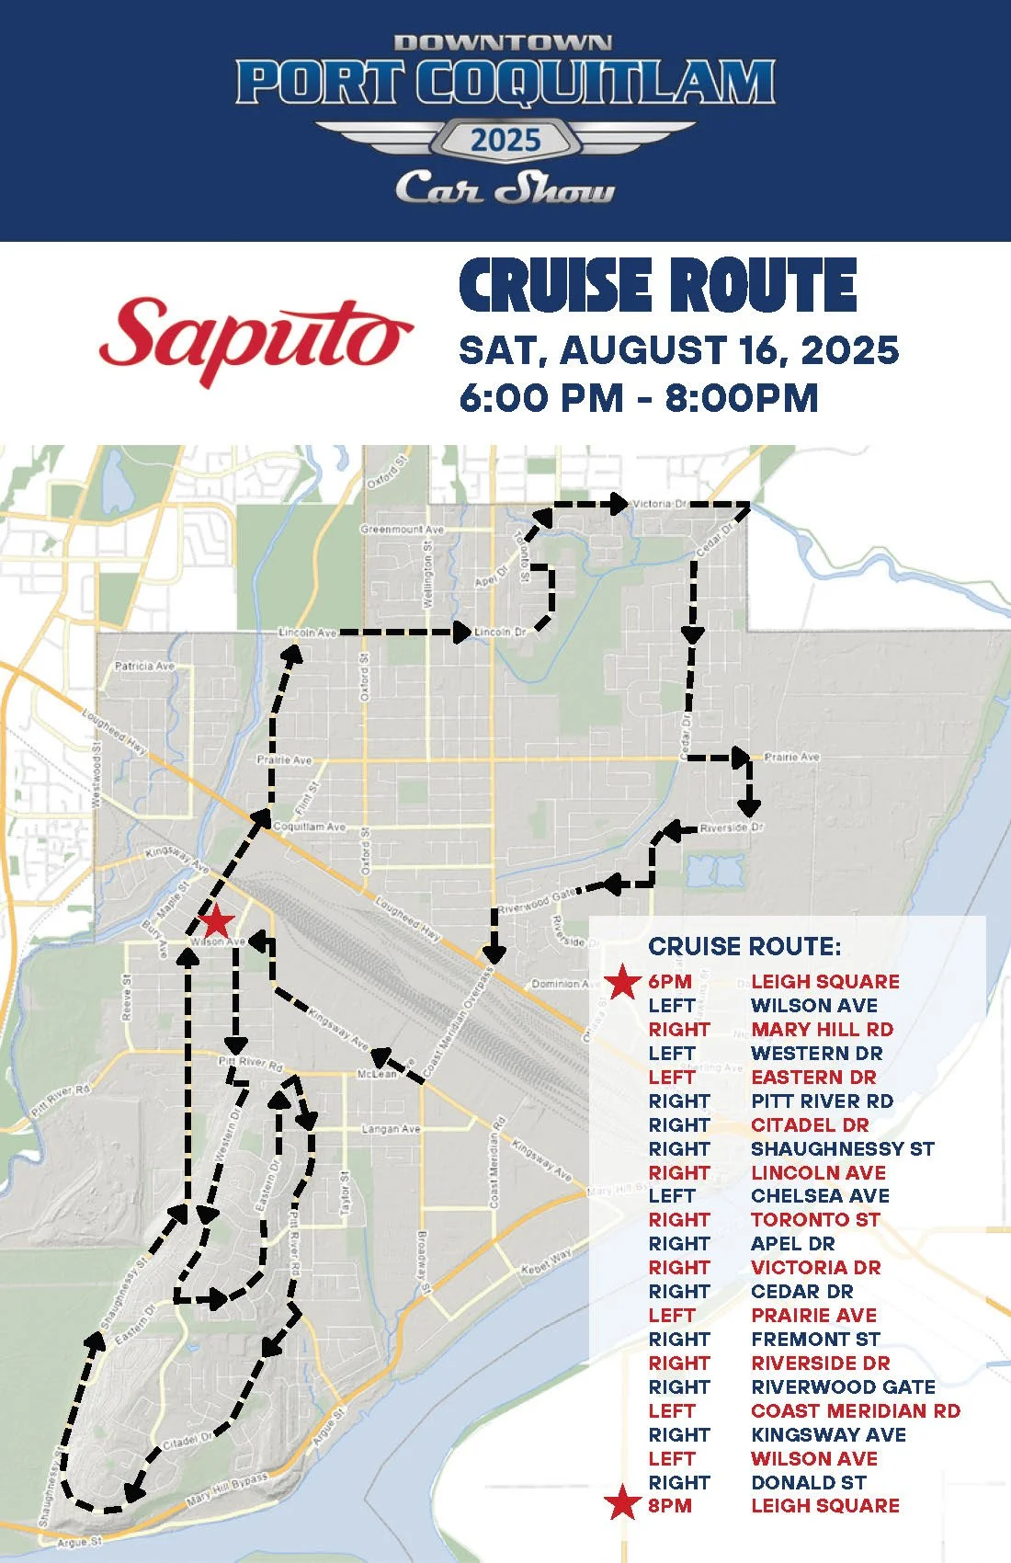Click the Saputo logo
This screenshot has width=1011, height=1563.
coord(256,340)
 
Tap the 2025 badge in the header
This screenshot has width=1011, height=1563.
coord(505,141)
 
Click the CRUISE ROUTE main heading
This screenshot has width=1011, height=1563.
coord(658,286)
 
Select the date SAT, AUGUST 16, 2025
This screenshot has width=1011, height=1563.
coord(678,350)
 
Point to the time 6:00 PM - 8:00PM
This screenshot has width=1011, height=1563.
coord(638,398)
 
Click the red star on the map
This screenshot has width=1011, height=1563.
coord(216,921)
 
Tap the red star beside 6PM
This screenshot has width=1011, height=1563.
coord(623,982)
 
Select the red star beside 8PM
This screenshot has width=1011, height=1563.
coord(623,1506)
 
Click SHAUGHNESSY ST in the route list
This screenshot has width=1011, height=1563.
coord(842,1149)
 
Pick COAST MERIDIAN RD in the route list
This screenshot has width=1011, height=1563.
coord(855,1411)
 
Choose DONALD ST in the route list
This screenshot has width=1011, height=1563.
coord(808,1483)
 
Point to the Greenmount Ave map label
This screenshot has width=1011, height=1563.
coord(402,530)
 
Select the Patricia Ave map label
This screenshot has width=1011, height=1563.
coord(144,666)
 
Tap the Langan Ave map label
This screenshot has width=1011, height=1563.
coord(391,1129)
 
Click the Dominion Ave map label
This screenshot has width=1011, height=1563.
coord(555,984)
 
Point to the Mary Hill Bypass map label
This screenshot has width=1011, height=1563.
coord(227,1489)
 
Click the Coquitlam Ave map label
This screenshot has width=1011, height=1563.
coord(310,827)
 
